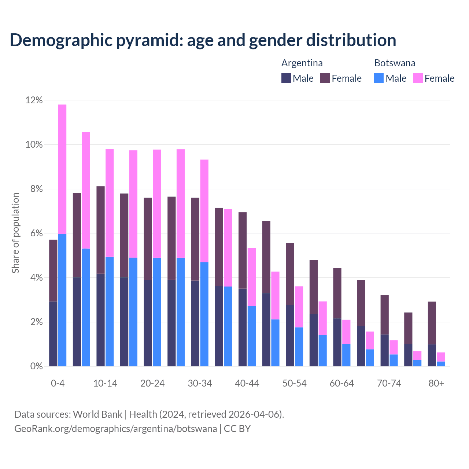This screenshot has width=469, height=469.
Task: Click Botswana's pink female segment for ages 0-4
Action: coord(62,169)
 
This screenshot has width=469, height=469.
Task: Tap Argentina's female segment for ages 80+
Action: coord(432,323)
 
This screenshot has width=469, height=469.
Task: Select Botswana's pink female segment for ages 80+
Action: coord(441,357)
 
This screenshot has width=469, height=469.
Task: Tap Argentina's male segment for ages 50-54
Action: coord(290,335)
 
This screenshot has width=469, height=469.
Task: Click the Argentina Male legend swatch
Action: coord(286,78)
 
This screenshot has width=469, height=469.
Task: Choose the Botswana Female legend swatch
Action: coord(418,78)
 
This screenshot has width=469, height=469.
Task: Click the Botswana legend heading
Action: coord(395,63)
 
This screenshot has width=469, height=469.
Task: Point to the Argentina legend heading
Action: coord(302,63)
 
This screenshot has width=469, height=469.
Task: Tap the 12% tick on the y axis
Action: coord(34,100)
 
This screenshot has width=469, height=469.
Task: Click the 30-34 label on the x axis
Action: coord(200,383)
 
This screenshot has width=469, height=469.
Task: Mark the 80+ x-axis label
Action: coord(436,383)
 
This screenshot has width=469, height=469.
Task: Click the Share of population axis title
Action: coord(15,233)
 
